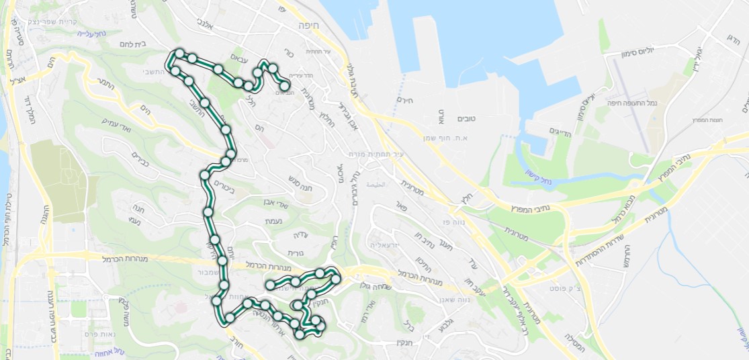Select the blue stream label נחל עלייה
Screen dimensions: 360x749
point(89,33)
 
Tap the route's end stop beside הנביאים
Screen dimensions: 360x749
point(285,85)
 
